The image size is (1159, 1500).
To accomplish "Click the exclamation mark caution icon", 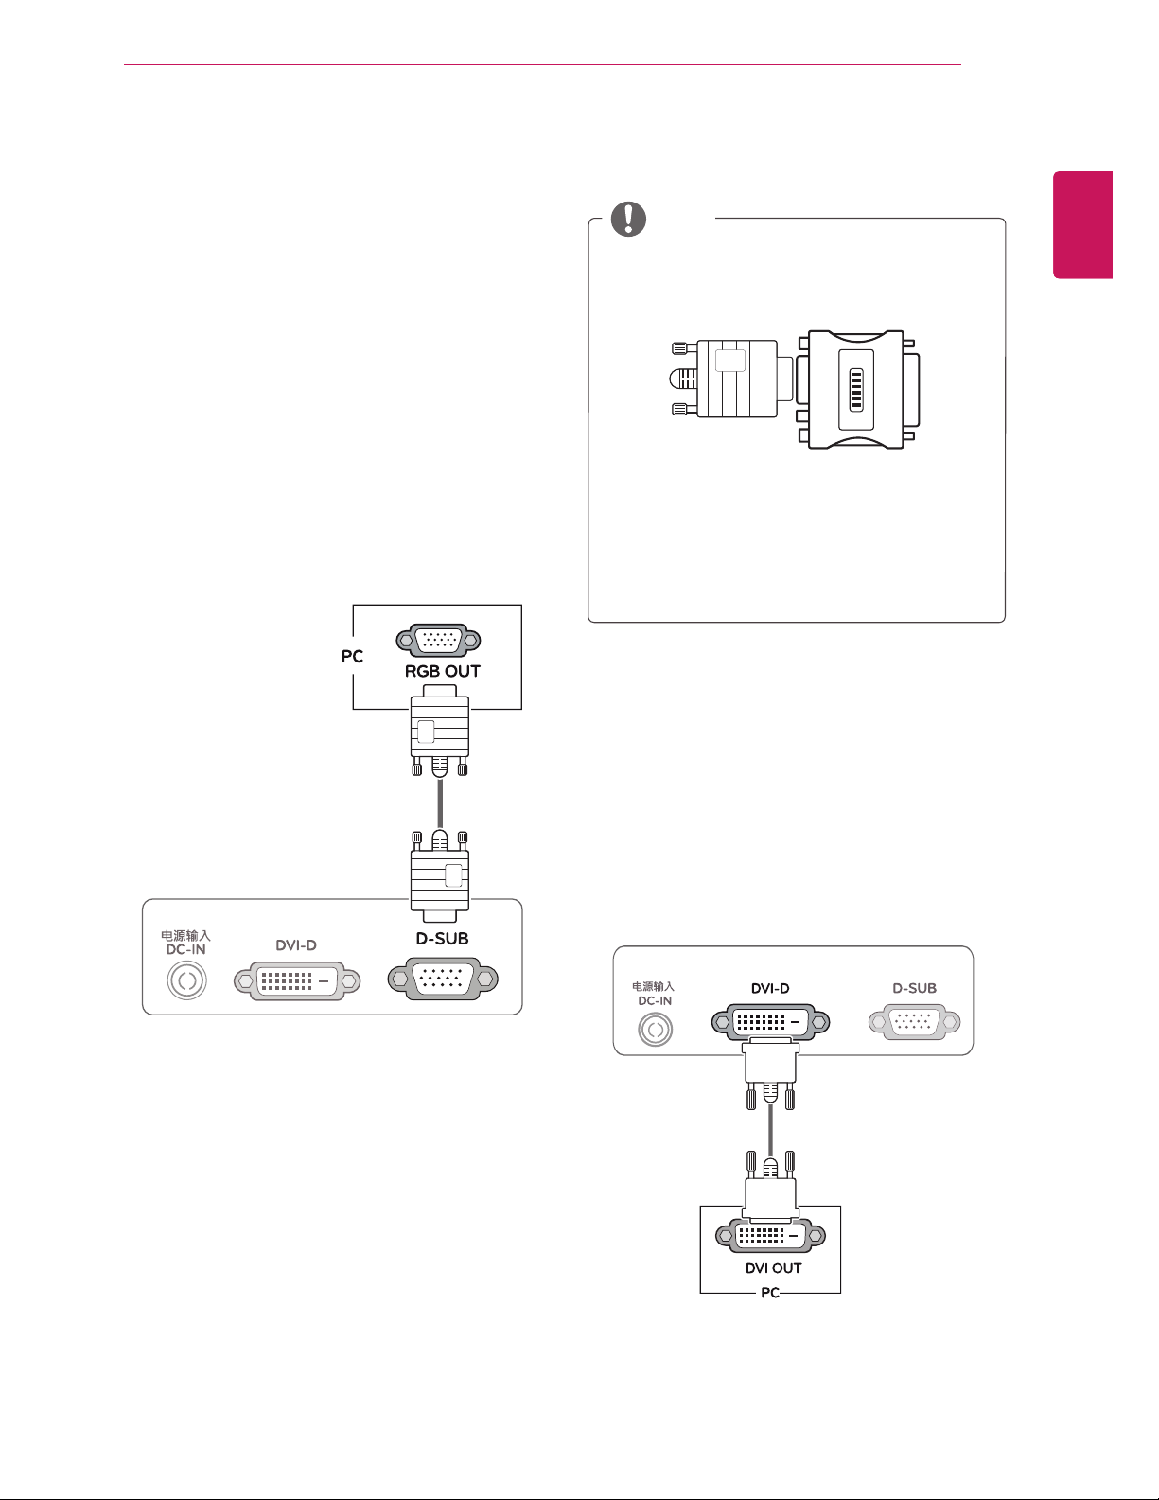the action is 628,219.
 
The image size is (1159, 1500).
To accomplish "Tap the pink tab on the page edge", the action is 1082,225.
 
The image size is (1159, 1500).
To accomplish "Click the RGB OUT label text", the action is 442,671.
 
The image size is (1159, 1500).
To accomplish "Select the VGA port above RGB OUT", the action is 438,641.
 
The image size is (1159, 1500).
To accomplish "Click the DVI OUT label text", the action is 773,1268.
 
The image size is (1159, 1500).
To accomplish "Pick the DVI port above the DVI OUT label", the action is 770,1236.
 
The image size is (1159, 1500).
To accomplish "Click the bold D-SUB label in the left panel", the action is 442,939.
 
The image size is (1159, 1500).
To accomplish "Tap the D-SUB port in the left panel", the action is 443,979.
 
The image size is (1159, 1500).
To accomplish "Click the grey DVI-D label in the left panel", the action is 296,945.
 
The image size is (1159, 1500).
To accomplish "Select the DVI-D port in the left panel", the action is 297,980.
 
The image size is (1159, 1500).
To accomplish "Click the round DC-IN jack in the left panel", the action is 187,980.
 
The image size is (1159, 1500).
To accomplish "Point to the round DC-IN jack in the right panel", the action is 656,1030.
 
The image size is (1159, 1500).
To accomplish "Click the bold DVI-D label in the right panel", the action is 770,989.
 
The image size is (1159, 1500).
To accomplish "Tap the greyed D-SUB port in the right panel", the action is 914,1022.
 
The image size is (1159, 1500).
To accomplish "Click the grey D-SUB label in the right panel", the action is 914,989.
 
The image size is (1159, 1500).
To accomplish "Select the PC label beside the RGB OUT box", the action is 352,657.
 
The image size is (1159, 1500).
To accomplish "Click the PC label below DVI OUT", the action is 770,1293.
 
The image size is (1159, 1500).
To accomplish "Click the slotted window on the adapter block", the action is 856,390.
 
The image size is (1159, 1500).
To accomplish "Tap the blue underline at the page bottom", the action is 187,1491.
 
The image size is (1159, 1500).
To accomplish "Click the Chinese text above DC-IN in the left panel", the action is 185,935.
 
